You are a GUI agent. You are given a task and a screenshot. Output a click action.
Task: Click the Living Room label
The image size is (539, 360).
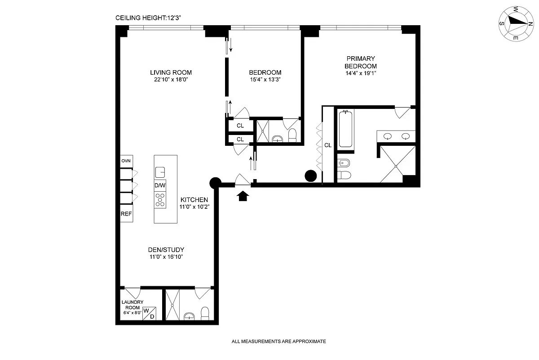pos(171,72)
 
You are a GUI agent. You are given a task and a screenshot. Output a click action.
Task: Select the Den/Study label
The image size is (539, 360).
pos(166,250)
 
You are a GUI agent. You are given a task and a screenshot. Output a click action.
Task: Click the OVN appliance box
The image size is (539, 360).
pos(126,161)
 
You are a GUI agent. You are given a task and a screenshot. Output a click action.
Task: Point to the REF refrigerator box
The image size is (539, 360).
pos(126,214)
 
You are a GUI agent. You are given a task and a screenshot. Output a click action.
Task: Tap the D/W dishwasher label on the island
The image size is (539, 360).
pos(160,185)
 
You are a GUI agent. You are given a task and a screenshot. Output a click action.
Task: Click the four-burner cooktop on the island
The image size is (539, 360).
pos(160,199)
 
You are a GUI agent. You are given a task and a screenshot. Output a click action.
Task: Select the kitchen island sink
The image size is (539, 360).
pos(160,171)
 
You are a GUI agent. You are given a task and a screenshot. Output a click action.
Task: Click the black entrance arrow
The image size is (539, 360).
pos(243,196)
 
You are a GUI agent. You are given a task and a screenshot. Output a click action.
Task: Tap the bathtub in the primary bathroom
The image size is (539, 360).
pos(346,129)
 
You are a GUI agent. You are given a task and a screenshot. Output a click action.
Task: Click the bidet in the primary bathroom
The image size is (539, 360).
pos(344,162)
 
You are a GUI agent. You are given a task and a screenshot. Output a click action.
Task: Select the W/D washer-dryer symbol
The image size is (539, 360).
pos(149,313)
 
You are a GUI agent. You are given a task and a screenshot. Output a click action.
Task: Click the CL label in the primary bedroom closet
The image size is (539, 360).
pos(328,145)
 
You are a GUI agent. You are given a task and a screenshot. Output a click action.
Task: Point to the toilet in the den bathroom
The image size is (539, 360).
pos(205,312)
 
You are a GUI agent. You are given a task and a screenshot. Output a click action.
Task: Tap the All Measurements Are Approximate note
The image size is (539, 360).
pos(278,342)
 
